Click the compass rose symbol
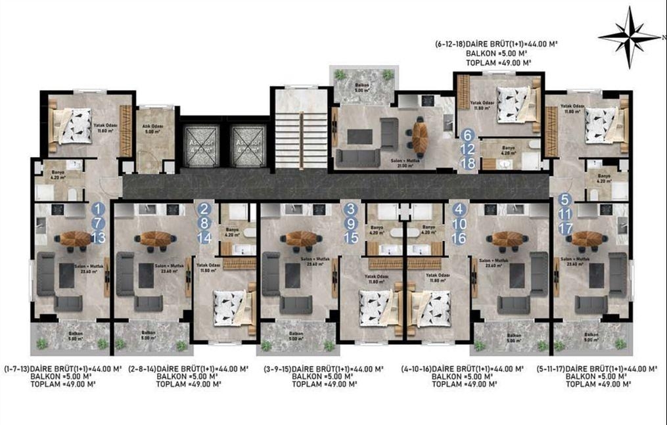tap(629, 37)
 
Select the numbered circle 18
tap(468, 164)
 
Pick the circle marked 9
tap(352, 223)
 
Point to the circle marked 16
tap(459, 238)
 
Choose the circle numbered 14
tap(204, 238)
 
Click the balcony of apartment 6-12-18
tap(364, 83)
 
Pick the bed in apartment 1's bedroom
tap(73, 125)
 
